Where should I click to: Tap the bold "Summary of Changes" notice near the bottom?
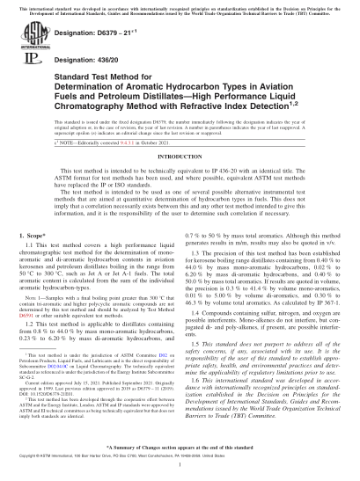click(180, 448)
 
